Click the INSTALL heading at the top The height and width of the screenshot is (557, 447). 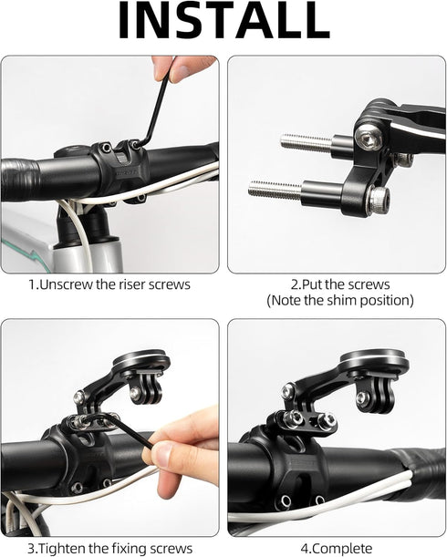(x=223, y=23)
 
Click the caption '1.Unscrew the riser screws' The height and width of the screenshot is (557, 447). (x=109, y=284)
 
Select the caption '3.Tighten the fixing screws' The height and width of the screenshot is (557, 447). (x=109, y=548)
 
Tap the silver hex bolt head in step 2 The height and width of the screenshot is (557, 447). (x=370, y=137)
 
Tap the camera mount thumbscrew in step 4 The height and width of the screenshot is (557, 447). (x=362, y=397)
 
